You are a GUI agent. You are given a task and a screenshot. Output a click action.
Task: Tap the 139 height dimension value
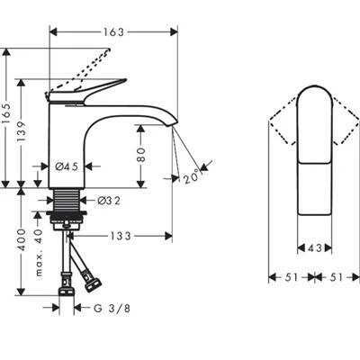coord(22,132)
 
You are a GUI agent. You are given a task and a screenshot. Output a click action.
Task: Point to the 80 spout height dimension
coord(140,155)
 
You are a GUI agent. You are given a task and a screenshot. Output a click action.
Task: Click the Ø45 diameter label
coord(67,166)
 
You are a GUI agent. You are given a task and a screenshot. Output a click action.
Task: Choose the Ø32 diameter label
coord(109,201)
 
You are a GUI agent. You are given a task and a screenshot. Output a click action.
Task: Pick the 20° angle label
coord(192,176)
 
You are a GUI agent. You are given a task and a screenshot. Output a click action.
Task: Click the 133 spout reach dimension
coord(120,237)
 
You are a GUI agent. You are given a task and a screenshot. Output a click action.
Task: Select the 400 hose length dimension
coord(22,240)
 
